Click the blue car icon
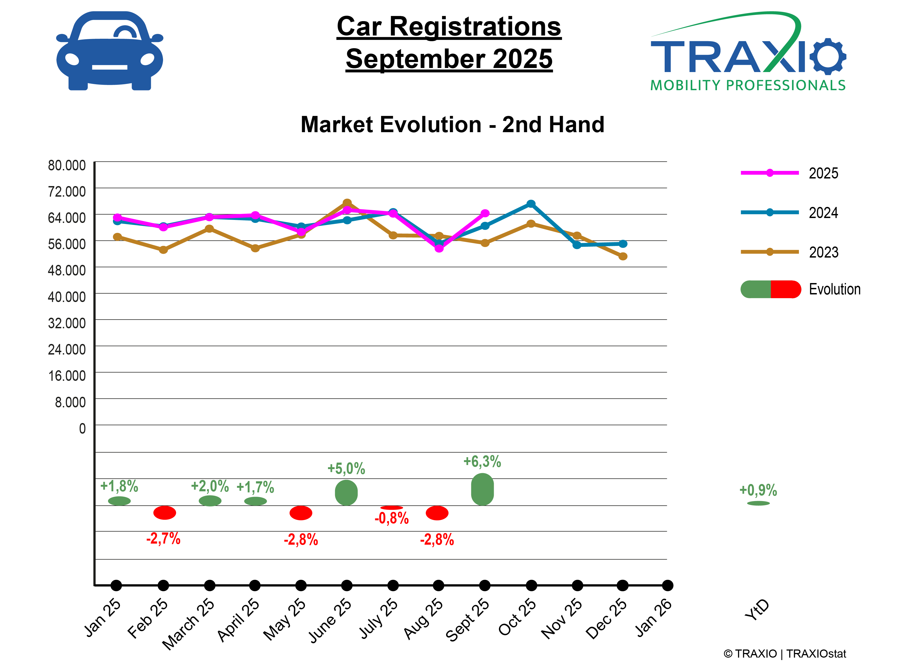point(110,51)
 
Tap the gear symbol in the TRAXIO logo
point(828,56)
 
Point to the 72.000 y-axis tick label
point(67,191)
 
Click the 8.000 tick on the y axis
point(70,402)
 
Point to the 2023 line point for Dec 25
point(623,256)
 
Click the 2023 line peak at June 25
point(347,203)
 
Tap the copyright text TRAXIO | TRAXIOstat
point(784,654)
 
